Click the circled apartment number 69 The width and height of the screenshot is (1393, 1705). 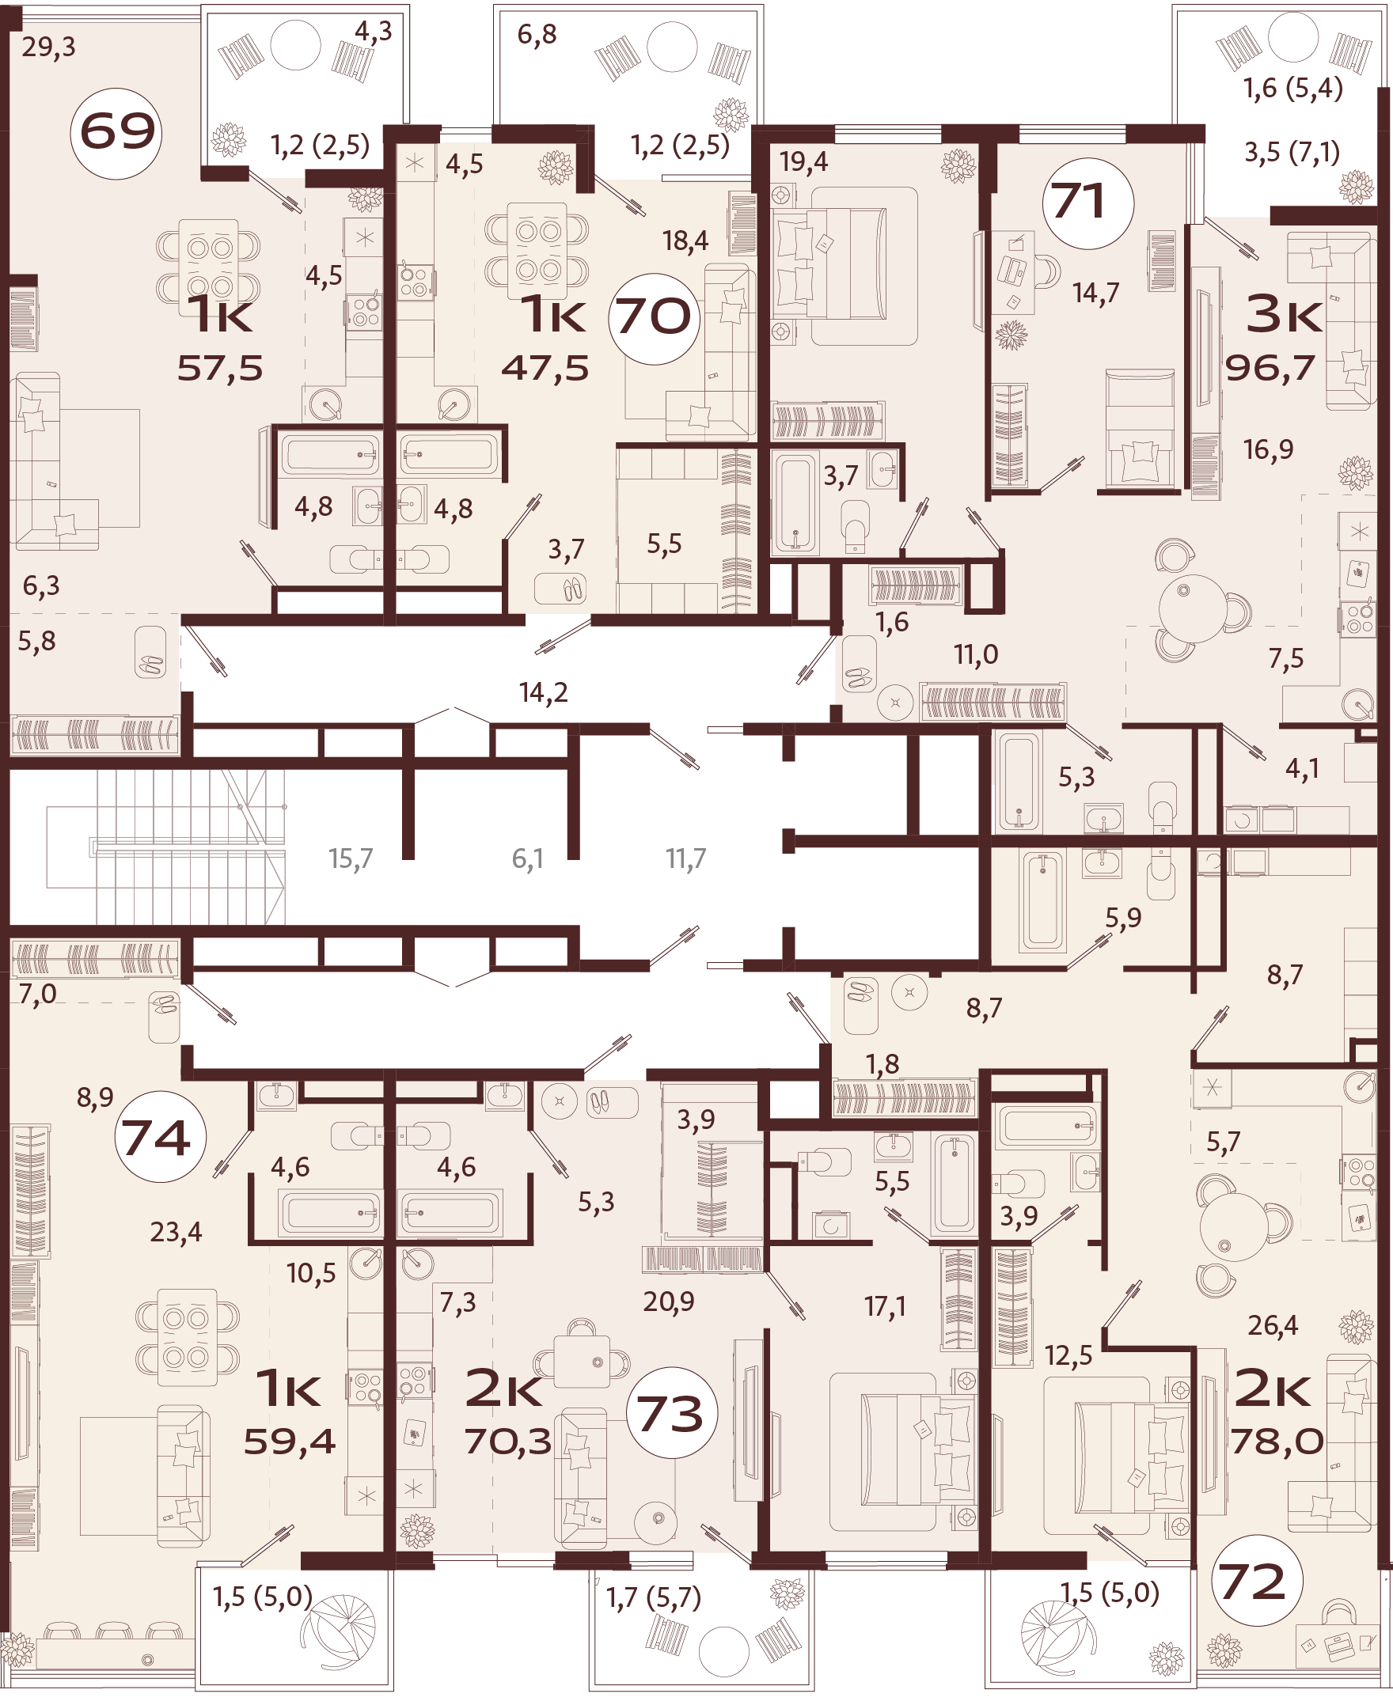116,132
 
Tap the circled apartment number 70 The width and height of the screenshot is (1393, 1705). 654,316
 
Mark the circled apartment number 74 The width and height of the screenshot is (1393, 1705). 158,1137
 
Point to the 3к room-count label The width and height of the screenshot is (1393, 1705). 1284,315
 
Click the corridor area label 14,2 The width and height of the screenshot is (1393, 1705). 543,692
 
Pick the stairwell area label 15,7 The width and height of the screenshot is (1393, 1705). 351,859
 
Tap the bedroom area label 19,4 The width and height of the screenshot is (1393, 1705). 804,163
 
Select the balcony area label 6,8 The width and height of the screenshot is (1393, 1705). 537,35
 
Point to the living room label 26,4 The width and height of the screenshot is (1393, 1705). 1273,1326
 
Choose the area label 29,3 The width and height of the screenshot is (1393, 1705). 49,47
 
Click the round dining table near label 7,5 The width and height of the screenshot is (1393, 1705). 1194,608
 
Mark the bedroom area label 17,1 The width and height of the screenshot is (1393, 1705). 885,1306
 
